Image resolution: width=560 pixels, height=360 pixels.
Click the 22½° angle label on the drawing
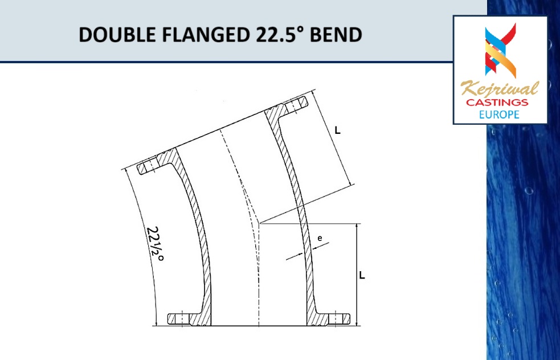pyautogui.click(x=155, y=244)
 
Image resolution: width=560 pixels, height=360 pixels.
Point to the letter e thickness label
pyautogui.click(x=320, y=240)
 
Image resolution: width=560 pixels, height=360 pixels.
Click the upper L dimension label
pyautogui.click(x=337, y=130)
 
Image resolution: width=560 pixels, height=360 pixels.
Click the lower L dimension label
pyautogui.click(x=362, y=275)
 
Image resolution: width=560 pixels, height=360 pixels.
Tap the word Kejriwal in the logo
pyautogui.click(x=500, y=90)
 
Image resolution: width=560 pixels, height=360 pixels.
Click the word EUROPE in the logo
pyautogui.click(x=500, y=114)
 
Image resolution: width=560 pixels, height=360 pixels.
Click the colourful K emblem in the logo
pyautogui.click(x=500, y=50)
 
